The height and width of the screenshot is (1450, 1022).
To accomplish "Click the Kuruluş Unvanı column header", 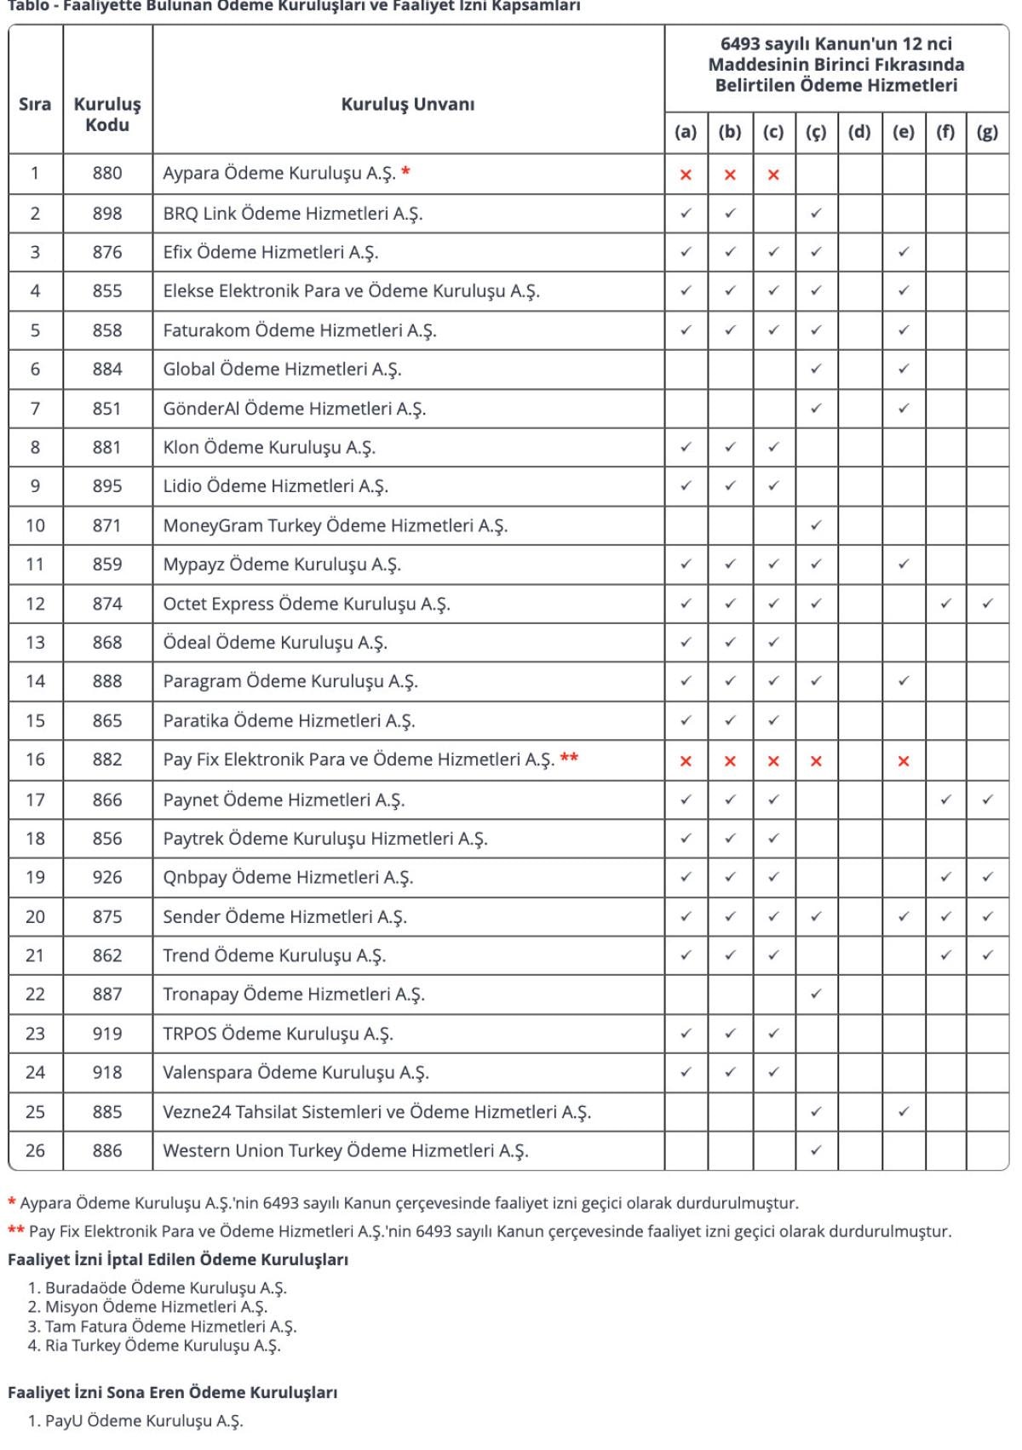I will [x=407, y=104].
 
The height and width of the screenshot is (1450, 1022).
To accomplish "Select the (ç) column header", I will [x=816, y=132].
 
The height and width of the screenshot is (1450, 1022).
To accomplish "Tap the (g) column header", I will [x=987, y=132].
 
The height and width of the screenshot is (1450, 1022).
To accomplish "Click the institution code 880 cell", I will [x=107, y=174].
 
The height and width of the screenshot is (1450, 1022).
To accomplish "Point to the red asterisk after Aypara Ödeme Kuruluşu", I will [x=406, y=171].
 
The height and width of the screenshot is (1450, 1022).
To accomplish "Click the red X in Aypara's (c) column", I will [x=773, y=175].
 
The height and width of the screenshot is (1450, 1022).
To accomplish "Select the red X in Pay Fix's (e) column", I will [x=904, y=761].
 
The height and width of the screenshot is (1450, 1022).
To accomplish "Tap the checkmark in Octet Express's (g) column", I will [x=987, y=604].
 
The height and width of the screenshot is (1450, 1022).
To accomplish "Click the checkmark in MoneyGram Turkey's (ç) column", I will [x=816, y=525].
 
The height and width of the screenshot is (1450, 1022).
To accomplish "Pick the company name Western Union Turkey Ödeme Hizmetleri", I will [x=345, y=1151].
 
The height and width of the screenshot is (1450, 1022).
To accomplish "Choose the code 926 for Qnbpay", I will [x=107, y=878].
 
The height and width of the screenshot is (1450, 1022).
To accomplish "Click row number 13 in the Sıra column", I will [x=35, y=643].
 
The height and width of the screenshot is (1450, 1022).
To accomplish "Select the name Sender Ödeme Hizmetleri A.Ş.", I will [x=284, y=917].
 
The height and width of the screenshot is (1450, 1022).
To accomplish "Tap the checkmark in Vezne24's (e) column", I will [x=904, y=1111].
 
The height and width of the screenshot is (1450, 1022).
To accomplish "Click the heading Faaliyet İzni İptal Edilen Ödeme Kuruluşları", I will [x=178, y=1259].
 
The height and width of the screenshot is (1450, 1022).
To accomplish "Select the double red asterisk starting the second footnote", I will [x=16, y=1229].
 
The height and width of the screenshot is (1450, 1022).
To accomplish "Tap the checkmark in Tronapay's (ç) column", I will [x=816, y=994].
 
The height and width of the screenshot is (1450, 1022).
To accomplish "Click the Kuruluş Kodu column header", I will [x=107, y=114].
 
